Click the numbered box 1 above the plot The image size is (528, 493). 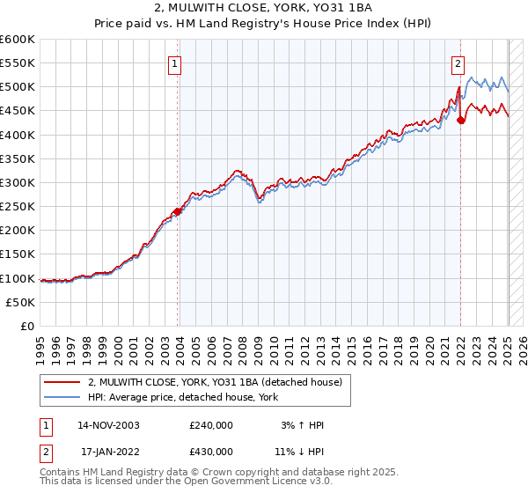(x=175, y=63)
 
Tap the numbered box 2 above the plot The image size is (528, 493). (x=458, y=63)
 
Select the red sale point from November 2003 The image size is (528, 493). (x=178, y=211)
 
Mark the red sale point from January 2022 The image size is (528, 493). (x=461, y=121)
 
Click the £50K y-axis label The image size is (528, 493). (x=21, y=302)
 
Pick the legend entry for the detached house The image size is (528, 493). (x=220, y=382)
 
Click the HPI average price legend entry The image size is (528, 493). (x=183, y=398)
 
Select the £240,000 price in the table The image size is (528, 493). (x=211, y=425)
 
